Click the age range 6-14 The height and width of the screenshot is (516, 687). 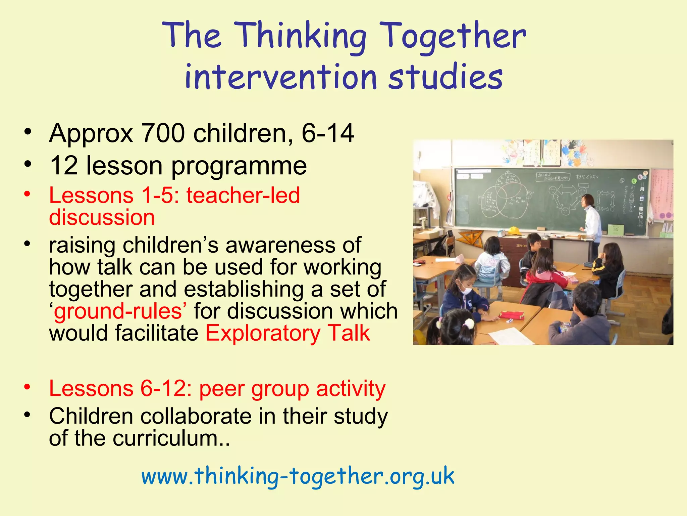[x=328, y=133]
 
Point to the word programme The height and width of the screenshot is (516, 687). [x=239, y=166]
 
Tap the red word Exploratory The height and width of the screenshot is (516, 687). [x=263, y=333]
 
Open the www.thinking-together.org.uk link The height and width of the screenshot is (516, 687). [x=298, y=476]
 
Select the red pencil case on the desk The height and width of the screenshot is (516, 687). [x=511, y=315]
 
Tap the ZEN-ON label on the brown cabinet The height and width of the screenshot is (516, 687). [x=521, y=246]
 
